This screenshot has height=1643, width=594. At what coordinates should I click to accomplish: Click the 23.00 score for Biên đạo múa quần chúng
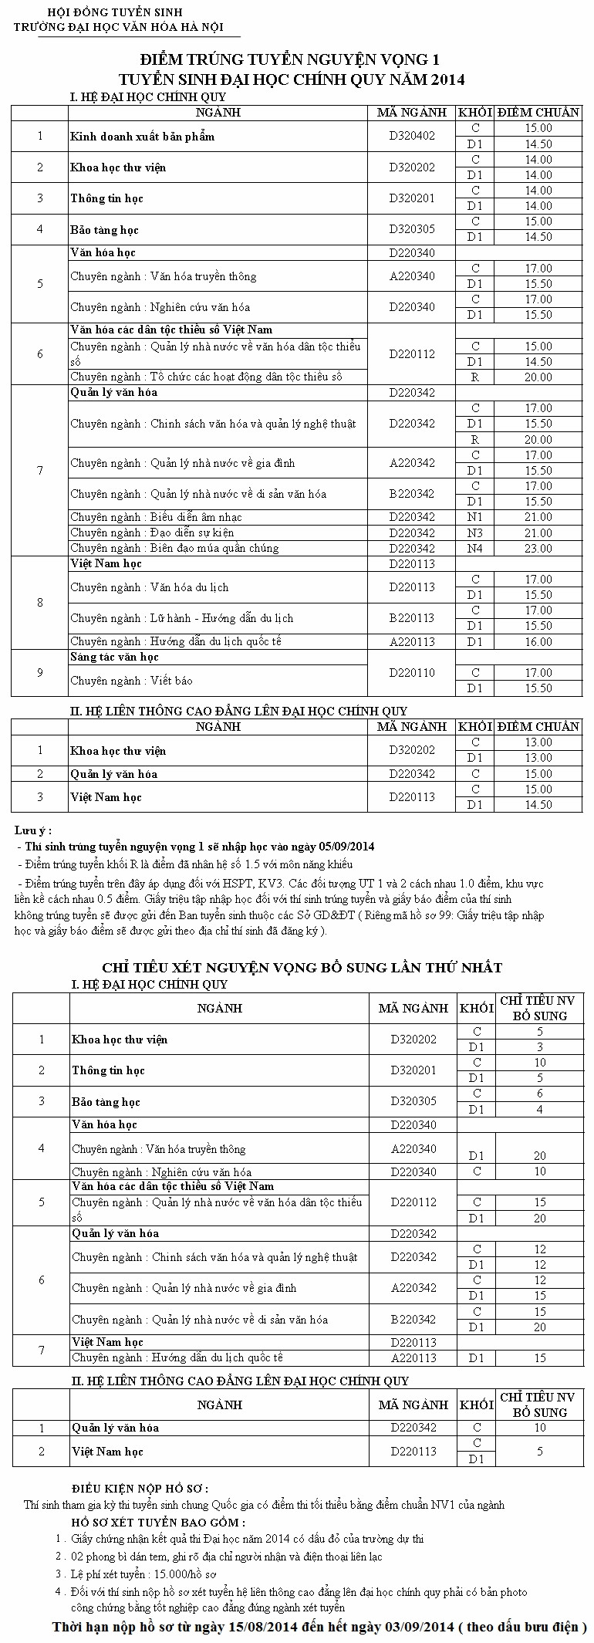538,548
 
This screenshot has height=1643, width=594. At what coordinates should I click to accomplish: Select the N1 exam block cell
475,517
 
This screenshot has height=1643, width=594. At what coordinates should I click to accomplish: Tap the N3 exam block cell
475,532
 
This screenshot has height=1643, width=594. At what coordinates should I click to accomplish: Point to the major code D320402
412,136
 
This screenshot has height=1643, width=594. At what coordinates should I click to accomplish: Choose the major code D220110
412,673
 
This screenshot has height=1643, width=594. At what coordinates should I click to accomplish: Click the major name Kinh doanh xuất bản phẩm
142,137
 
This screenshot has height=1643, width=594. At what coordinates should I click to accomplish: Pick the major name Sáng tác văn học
114,657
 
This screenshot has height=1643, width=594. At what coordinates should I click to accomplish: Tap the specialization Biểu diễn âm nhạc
196,517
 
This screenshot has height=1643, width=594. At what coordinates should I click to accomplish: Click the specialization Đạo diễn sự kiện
192,532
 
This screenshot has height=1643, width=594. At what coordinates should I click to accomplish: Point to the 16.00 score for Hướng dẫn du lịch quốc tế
538,641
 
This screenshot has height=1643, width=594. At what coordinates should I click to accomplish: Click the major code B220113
412,618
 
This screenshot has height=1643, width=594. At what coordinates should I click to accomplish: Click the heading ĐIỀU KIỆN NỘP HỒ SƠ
140,1489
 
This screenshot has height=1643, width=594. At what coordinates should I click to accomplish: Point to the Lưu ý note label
33,830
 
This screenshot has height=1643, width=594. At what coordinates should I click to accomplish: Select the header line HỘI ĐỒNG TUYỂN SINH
103,12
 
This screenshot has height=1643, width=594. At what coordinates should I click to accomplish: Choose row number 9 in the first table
40,673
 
